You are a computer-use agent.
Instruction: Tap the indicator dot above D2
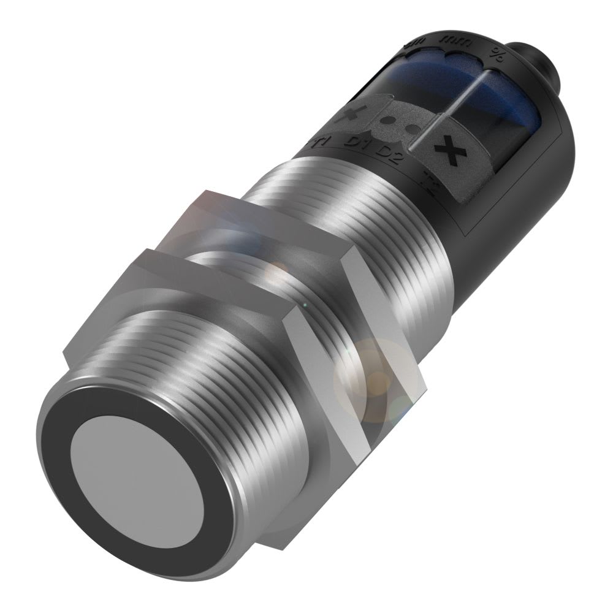click(x=410, y=131)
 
